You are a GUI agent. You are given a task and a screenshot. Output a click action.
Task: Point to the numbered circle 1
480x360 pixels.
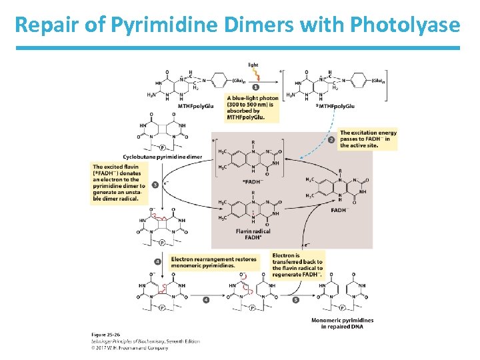[x=257, y=87]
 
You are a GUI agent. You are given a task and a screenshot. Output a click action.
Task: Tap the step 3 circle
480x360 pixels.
[x=155, y=184]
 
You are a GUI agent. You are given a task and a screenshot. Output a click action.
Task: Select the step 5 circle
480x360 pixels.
[x=295, y=300]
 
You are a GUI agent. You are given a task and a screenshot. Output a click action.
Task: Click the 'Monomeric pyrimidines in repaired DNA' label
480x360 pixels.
[x=342, y=323]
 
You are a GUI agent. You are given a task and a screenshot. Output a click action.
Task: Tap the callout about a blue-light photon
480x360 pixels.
[x=253, y=107]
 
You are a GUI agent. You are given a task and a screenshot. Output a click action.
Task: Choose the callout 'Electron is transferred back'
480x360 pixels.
[x=297, y=265]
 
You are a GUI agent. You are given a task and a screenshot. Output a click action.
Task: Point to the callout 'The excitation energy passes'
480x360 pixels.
[x=368, y=139]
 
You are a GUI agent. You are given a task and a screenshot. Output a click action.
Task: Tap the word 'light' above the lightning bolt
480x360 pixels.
[x=253, y=65]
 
